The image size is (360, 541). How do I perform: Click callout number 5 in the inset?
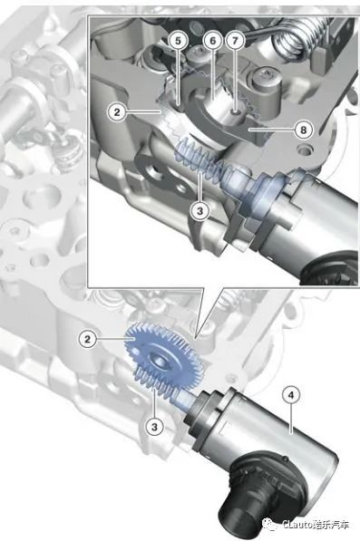click(x=178, y=41)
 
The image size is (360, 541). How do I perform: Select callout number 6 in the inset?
click(x=212, y=41)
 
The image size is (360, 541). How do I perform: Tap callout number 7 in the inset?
click(x=235, y=41)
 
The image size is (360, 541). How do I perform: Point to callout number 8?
click(x=303, y=130)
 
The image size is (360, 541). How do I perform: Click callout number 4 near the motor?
click(x=291, y=396)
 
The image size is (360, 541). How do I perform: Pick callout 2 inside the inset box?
click(x=117, y=112)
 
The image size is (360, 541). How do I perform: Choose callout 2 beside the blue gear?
click(x=88, y=339)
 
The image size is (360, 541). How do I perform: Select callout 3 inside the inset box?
click(x=200, y=211)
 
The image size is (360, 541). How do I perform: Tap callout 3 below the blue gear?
click(x=154, y=427)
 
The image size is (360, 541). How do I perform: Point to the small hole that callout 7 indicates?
click(x=235, y=111)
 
